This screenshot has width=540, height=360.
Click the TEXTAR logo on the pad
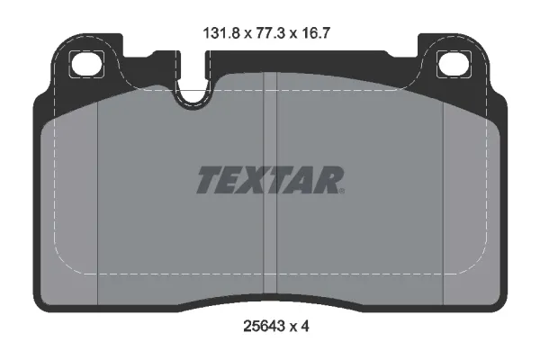pyautogui.click(x=270, y=180)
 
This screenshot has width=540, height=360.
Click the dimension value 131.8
pyautogui.click(x=221, y=34)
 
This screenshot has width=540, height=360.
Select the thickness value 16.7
pyautogui.click(x=316, y=34)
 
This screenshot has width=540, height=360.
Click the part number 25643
pyautogui.click(x=264, y=326)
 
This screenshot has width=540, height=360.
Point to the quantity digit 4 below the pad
pyautogui.click(x=305, y=326)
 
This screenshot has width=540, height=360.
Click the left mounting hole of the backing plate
pyautogui.click(x=86, y=64)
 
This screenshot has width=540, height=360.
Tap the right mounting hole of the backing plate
pyautogui.click(x=454, y=64)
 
